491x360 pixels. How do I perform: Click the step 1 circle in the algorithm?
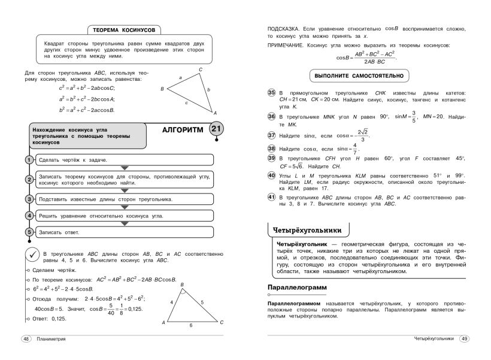coord(28,159)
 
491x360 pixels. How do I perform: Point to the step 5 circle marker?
coord(28,232)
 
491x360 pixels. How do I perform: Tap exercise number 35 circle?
coord(271,93)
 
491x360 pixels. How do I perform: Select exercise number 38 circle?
coord(271,148)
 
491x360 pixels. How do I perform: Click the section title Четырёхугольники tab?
coord(307,229)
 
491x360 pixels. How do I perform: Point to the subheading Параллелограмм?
coord(297,288)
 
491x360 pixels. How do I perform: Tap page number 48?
coord(26,338)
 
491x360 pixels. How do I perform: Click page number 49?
coord(464,338)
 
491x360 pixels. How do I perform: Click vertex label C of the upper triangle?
coord(201,69)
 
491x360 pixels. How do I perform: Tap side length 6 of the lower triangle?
coord(190,325)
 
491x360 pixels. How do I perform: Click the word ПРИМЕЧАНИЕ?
coord(287,46)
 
